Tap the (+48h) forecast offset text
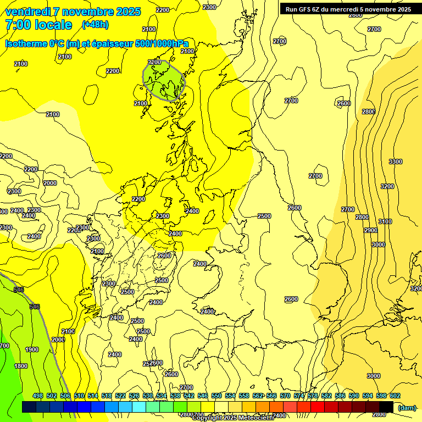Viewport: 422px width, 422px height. pos(95,25)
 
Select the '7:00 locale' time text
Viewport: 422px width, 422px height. pos(38,25)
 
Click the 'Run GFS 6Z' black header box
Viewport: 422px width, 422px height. pos(348,9)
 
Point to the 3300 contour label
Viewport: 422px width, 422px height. pos(395,162)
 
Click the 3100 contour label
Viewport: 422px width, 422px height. pos(385,221)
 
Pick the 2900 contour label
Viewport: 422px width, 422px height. pos(370,230)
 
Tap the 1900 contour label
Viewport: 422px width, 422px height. pos(32,349)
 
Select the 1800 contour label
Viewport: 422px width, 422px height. pos(21,366)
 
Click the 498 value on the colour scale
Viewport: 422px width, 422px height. pos(38,396)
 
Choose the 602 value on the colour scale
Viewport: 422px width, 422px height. pos(395,396)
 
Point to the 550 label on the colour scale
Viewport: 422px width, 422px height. pos(216,396)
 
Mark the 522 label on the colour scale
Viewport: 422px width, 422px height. pos(120,396)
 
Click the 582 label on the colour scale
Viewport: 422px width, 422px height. pos(326,396)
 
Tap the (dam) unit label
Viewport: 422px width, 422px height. pos(407,407)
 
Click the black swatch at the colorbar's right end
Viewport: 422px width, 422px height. pos(386,407)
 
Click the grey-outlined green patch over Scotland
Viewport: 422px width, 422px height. pos(164,80)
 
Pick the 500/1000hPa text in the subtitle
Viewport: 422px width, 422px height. pos(158,43)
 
